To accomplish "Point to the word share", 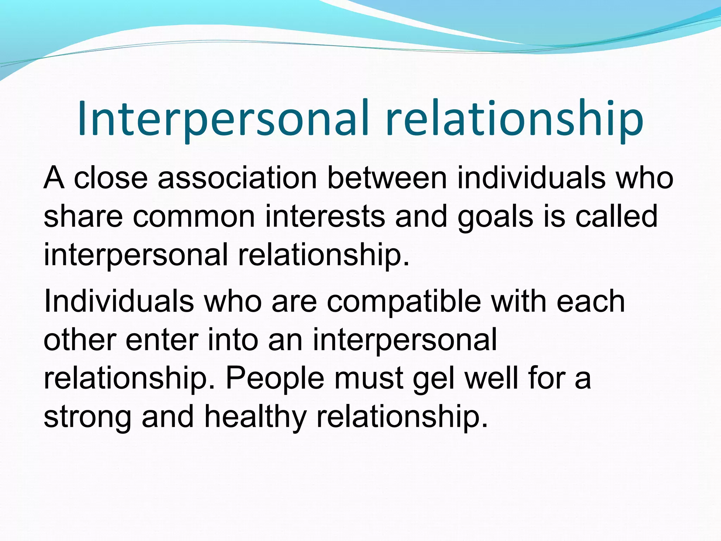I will (x=83, y=216).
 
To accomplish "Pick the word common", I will (x=194, y=216).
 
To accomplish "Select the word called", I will (x=616, y=216).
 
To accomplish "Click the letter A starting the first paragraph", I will (x=54, y=178).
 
